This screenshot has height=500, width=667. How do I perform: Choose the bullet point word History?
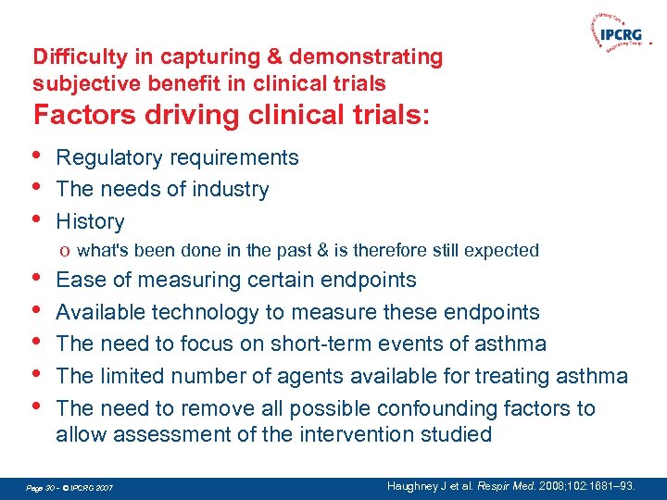90,221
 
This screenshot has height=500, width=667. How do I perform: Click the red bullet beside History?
37,219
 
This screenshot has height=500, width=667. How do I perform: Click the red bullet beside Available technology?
37,309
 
